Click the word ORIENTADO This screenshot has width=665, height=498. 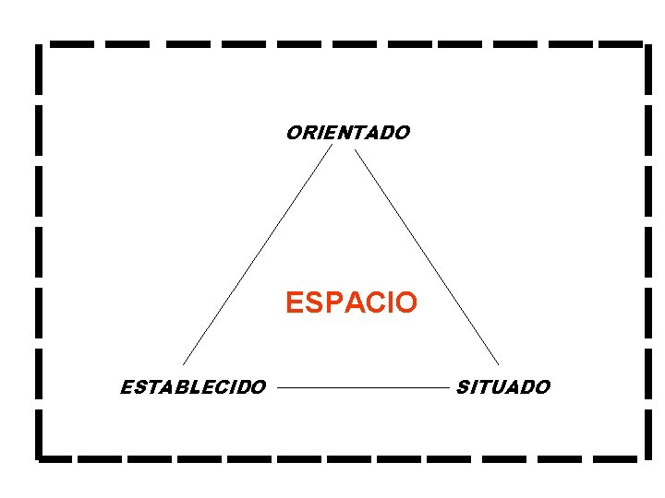click(x=347, y=133)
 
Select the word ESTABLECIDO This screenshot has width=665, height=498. click(x=193, y=387)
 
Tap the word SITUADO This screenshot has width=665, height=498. click(x=502, y=387)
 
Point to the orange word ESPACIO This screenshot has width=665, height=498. click(x=351, y=302)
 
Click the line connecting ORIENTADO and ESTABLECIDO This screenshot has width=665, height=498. click(x=257, y=254)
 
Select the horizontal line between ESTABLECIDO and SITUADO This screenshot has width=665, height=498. click(x=361, y=388)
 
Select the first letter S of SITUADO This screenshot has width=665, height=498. click(x=464, y=387)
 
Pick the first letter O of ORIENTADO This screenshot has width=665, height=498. click(x=294, y=133)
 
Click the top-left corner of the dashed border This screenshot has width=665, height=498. click(x=38, y=43)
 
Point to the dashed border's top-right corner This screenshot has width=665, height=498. click(x=641, y=43)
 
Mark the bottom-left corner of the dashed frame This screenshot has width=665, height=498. click(x=38, y=456)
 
